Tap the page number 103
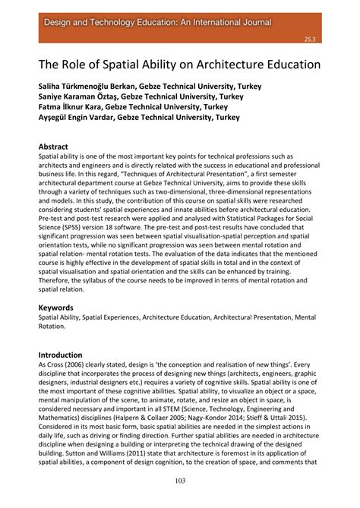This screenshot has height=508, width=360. [x=180, y=480]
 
